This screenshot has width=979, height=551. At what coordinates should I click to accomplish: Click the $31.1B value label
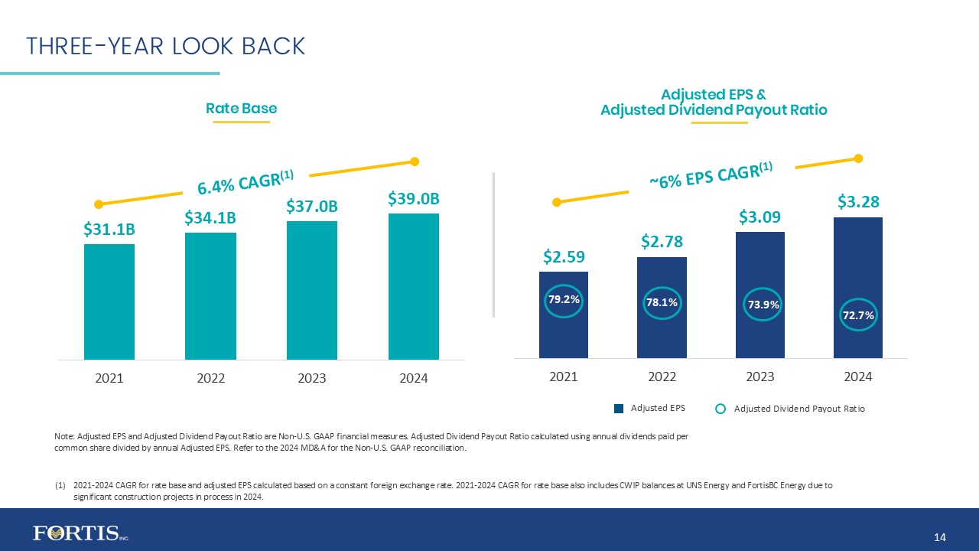tap(109, 229)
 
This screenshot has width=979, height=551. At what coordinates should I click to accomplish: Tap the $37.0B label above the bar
tap(312, 206)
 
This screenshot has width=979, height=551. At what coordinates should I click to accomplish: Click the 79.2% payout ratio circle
tap(564, 300)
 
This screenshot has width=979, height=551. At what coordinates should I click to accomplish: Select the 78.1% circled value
tap(662, 303)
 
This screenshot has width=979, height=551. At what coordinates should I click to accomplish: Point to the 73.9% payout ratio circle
tap(760, 305)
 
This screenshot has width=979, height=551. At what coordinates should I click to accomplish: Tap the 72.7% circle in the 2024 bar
tap(858, 315)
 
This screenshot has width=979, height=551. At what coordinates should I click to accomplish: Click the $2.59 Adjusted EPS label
tap(564, 255)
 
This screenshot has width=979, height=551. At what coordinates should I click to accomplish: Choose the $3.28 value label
tap(858, 201)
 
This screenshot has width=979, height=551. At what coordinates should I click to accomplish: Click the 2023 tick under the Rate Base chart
tap(312, 378)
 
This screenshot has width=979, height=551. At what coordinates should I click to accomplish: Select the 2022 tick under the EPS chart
tap(662, 377)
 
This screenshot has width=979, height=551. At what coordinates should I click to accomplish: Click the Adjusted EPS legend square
tap(620, 409)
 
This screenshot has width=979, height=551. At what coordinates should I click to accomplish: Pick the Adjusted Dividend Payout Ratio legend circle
tap(720, 409)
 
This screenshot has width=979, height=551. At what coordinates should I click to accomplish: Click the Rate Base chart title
tap(242, 109)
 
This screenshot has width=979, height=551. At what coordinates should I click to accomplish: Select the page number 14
tap(941, 539)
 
